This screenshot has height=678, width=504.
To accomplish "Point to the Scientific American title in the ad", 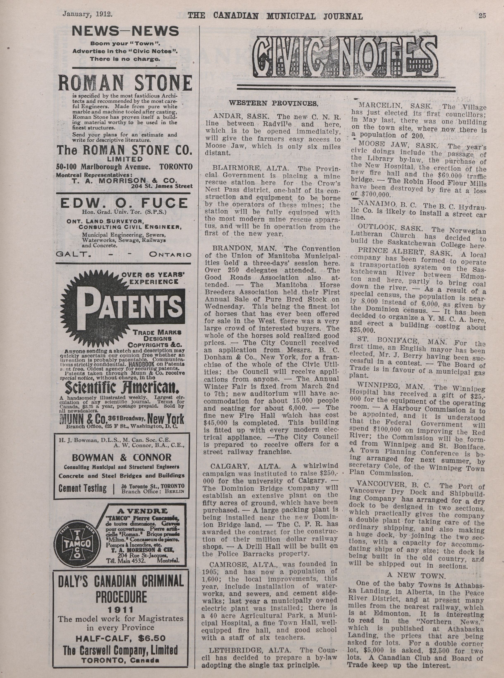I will tap(122, 388).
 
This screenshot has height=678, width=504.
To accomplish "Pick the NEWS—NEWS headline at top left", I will tap(125, 31).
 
